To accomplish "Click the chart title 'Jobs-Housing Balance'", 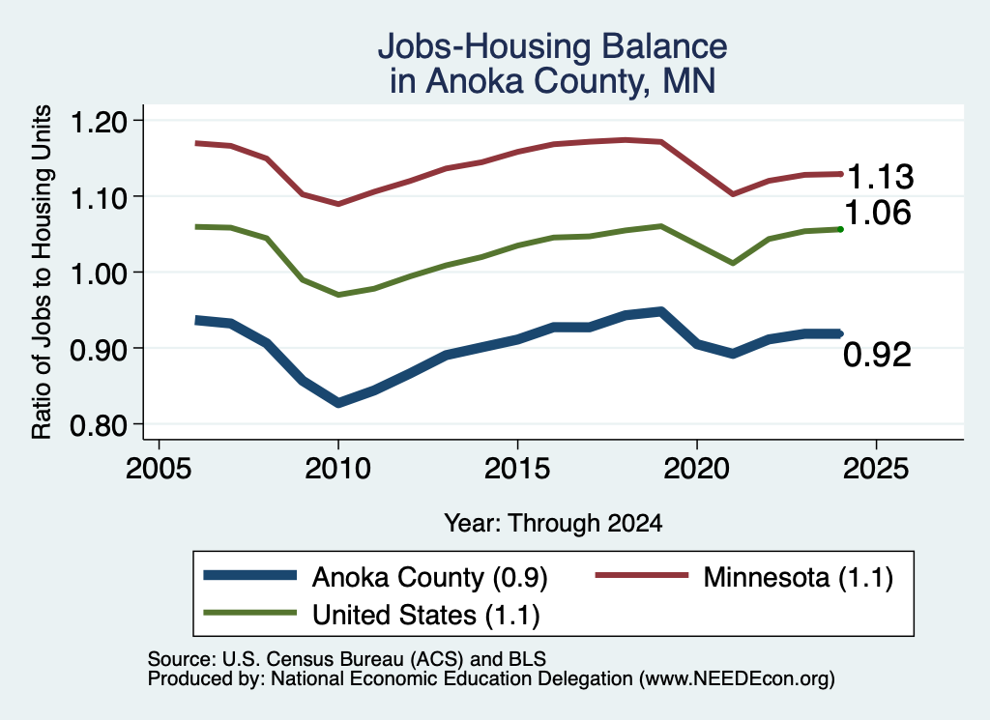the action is [552, 46].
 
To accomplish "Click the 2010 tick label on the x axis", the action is [337, 469].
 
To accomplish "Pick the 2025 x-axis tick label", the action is [876, 469].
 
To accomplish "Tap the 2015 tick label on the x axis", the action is [517, 469].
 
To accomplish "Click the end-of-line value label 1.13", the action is [880, 177].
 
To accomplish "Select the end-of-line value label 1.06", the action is [878, 213].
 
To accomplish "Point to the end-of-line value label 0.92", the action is [878, 355].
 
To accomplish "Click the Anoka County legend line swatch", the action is [250, 575].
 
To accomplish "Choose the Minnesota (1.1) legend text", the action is [798, 577].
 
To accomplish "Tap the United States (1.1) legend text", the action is [426, 615].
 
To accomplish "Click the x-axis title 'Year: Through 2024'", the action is [553, 523].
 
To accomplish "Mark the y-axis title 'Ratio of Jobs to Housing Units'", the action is [42, 272].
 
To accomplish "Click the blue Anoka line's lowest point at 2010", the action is [338, 403].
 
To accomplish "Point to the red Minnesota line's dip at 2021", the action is [733, 193].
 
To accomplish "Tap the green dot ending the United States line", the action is [840, 229].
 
